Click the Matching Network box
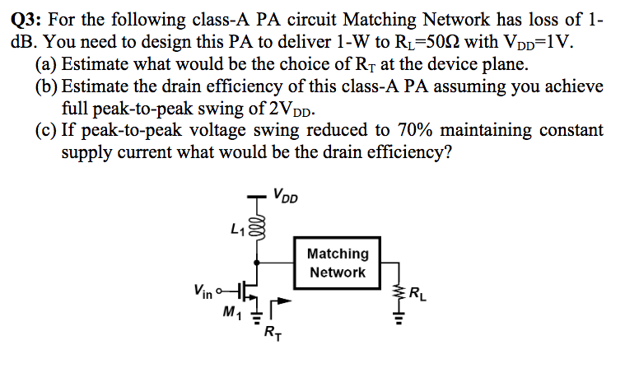tap(338, 263)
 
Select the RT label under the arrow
tap(271, 333)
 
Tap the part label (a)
tap(47, 65)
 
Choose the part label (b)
tap(48, 87)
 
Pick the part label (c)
tap(47, 131)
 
